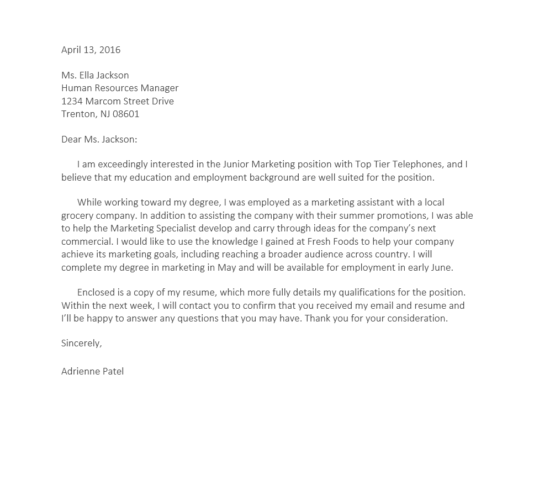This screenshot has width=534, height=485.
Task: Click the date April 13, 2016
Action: pyautogui.click(x=91, y=50)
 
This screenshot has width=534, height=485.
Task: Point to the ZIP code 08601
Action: pyautogui.click(x=126, y=114)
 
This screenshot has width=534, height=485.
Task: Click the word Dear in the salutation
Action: pyautogui.click(x=71, y=139)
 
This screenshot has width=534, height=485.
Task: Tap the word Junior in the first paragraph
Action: pyautogui.click(x=236, y=164)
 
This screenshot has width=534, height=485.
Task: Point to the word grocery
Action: pyautogui.click(x=78, y=215)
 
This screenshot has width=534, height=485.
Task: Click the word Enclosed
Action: pyautogui.click(x=97, y=292)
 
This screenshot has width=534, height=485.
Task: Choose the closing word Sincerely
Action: pyautogui.click(x=81, y=343)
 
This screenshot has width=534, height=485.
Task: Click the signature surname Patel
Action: pyautogui.click(x=113, y=371)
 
